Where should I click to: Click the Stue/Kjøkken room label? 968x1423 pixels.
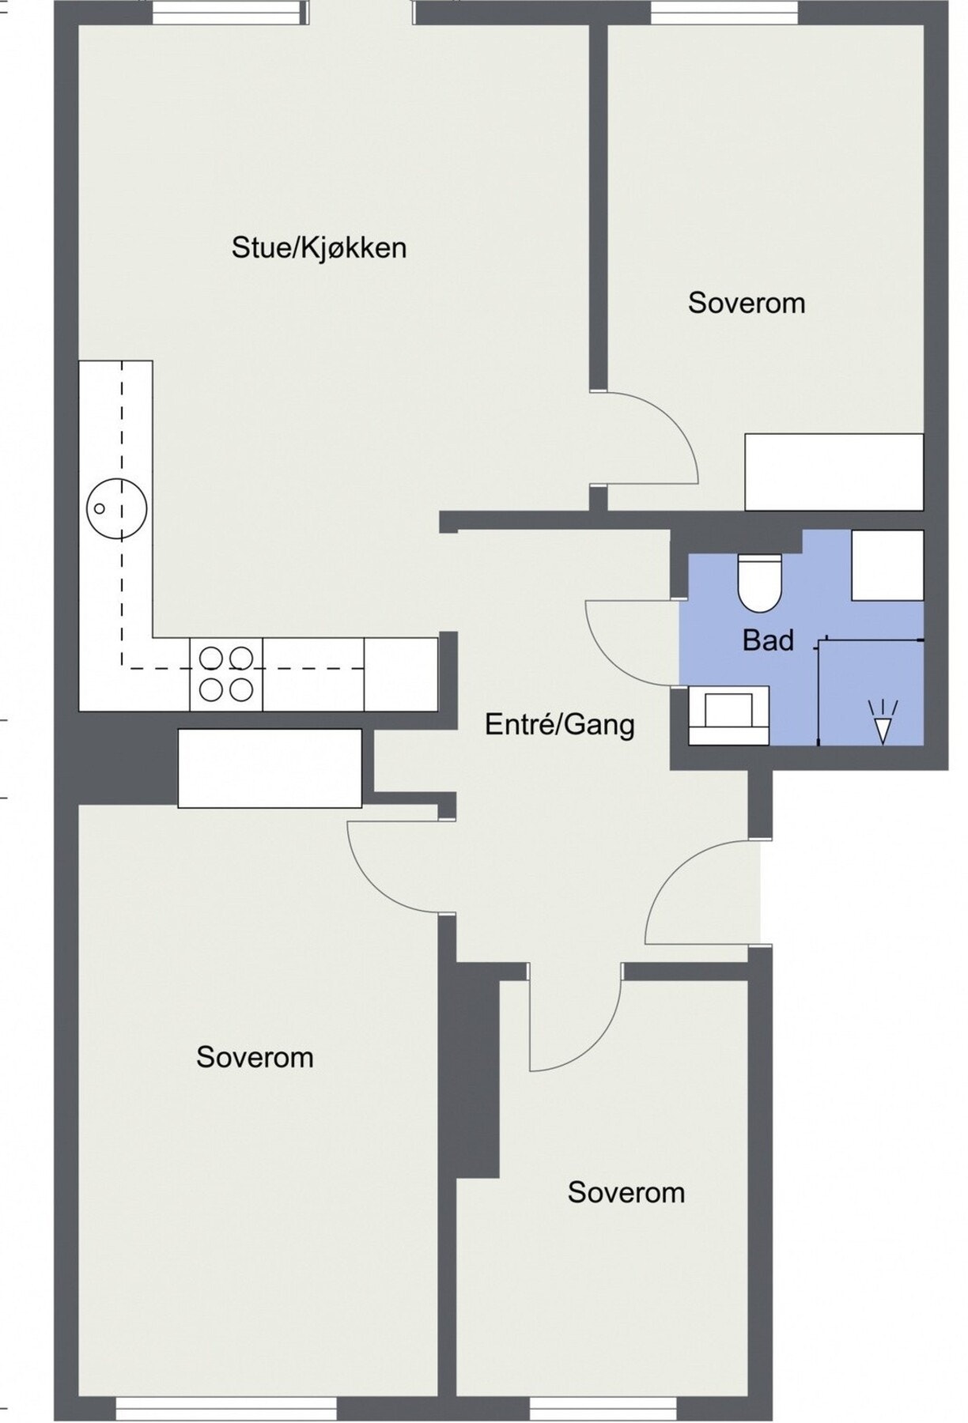pyautogui.click(x=319, y=247)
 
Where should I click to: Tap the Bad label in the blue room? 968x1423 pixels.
pyautogui.click(x=768, y=640)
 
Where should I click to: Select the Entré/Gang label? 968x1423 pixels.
pyautogui.click(x=559, y=724)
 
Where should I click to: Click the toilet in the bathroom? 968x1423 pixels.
pyautogui.click(x=759, y=582)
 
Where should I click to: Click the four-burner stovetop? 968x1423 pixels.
pyautogui.click(x=226, y=674)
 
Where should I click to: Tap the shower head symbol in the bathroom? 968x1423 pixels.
pyautogui.click(x=881, y=721)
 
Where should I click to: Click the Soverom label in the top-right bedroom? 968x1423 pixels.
pyautogui.click(x=747, y=303)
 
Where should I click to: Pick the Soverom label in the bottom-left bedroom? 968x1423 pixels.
pyautogui.click(x=255, y=1057)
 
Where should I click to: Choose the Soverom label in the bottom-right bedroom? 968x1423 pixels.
pyautogui.click(x=626, y=1192)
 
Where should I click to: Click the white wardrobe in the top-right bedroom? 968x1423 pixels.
pyautogui.click(x=834, y=472)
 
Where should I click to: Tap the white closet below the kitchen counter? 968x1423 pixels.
pyautogui.click(x=270, y=768)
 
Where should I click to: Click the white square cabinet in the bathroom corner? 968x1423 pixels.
pyautogui.click(x=887, y=565)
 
